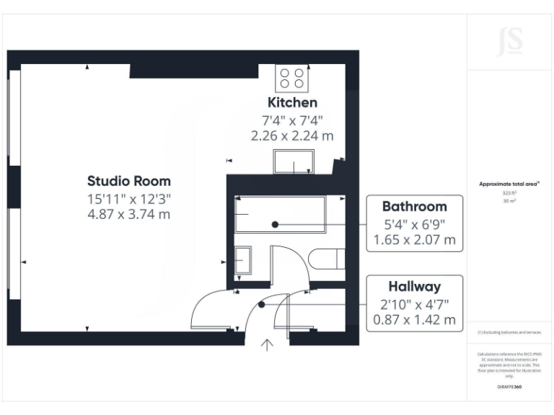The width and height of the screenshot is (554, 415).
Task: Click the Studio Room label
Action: (129, 181)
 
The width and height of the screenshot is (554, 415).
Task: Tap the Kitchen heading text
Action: (292, 102)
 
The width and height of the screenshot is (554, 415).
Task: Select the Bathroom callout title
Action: (414, 207)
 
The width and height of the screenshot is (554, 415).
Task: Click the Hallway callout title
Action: (414, 287)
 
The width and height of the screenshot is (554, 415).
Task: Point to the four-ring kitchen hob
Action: (292, 78)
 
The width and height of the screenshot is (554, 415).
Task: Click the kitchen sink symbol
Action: (293, 162)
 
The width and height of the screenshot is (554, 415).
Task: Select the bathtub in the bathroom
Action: (280, 214)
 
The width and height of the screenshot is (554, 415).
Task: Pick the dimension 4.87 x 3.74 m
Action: (129, 214)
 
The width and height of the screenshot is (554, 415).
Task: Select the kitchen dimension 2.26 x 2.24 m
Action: (292, 135)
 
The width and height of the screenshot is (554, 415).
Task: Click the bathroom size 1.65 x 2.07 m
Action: (414, 240)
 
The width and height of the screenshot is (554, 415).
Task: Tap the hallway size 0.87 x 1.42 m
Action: (414, 319)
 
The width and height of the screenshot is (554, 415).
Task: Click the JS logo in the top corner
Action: (509, 43)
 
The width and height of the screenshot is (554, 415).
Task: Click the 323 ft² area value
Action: (509, 193)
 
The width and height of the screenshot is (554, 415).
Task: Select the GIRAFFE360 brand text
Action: (509, 387)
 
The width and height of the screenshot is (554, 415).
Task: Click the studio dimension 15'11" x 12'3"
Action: (129, 198)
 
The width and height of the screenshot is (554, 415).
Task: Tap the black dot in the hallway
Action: (262, 305)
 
